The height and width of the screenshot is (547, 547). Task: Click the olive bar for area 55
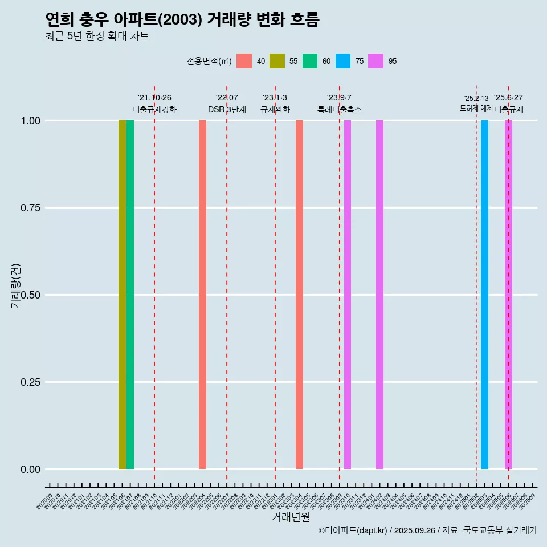(122, 295)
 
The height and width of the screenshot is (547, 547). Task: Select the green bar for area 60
(130, 295)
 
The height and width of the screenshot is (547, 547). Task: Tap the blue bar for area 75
(484, 295)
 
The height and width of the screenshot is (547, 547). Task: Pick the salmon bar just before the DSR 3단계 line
(202, 295)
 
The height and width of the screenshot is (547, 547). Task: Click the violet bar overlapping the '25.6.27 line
(508, 295)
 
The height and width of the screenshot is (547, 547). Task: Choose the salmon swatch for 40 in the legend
(244, 61)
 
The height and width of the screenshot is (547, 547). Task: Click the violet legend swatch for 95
(376, 61)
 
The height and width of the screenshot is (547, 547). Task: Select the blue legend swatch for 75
(343, 61)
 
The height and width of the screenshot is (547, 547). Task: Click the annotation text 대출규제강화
(154, 109)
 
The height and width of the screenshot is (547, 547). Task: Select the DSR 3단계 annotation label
(227, 109)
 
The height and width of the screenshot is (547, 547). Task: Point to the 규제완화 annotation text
(275, 109)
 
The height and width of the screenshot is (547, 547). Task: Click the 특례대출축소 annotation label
(340, 109)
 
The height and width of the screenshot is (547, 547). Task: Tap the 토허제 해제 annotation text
(476, 108)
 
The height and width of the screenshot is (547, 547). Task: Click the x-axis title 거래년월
(291, 517)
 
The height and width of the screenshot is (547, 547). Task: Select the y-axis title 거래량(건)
(15, 285)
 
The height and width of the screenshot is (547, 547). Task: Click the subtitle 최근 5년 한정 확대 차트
(97, 36)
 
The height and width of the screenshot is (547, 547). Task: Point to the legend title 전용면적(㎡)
(209, 61)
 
